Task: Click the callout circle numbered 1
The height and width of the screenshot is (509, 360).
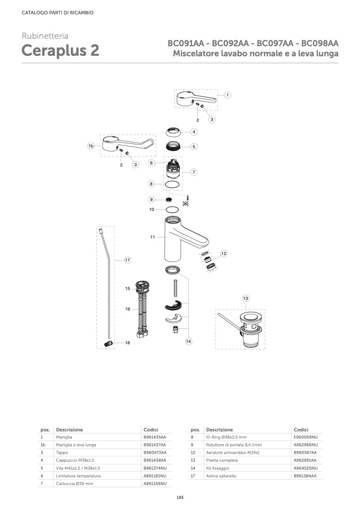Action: coord(228,95)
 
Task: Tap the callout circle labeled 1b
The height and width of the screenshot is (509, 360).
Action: coord(91,146)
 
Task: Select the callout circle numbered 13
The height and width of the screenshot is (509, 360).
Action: coord(246,298)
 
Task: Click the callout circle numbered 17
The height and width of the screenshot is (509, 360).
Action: coord(128,260)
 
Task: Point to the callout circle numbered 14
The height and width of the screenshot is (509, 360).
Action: coord(188,341)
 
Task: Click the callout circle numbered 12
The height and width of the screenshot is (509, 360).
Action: coord(224,253)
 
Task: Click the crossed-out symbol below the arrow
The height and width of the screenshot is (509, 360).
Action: coord(186,203)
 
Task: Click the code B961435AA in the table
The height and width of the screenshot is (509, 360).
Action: coord(155,437)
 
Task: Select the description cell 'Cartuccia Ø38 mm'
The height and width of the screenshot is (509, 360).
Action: coord(74,483)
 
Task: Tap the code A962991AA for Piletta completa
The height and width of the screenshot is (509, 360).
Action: coord(305,460)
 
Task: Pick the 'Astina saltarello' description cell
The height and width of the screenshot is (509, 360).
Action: coord(221,476)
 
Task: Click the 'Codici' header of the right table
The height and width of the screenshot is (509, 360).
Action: coord(301,430)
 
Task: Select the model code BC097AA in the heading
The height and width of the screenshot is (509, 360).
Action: coord(275,43)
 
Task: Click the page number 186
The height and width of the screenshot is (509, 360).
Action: coord(180,497)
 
